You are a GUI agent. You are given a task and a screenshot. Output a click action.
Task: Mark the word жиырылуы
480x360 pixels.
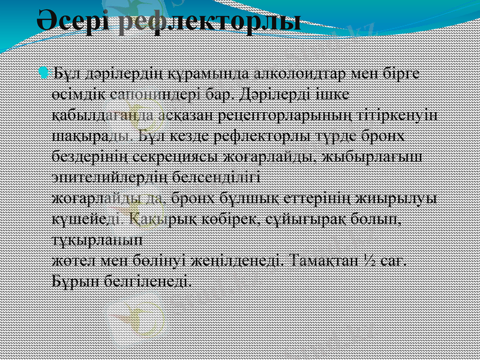point(398,197)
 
